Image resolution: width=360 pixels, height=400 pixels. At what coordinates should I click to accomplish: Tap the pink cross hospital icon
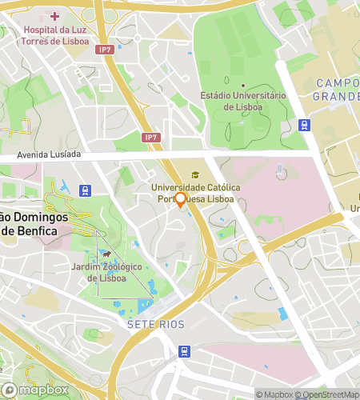point(54,16)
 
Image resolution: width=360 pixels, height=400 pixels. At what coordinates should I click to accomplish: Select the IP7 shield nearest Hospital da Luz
point(105,49)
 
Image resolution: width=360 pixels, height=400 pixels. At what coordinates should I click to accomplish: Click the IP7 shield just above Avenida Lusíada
point(150,138)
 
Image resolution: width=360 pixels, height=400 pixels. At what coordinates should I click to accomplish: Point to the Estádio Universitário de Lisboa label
point(242,100)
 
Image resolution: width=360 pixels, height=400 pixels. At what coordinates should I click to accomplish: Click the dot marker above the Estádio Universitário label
point(242,85)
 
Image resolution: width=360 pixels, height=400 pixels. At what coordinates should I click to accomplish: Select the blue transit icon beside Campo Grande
point(304,125)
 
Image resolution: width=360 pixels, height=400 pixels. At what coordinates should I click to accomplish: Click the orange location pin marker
point(181,199)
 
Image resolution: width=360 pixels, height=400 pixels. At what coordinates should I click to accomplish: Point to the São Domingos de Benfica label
point(39,224)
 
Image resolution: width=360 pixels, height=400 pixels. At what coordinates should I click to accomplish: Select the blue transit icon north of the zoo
point(86,190)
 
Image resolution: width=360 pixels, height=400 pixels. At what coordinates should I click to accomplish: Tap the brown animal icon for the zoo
point(106,254)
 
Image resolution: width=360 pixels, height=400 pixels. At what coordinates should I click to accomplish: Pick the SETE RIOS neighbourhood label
point(155,324)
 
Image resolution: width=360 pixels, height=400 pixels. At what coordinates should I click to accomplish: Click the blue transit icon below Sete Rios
point(185,350)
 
